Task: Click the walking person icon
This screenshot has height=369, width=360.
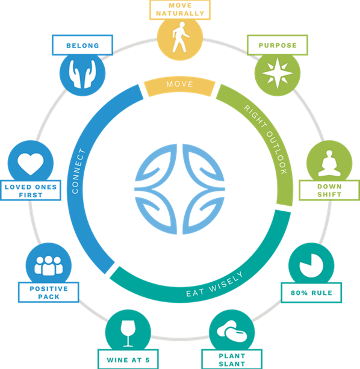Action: [x=180, y=37]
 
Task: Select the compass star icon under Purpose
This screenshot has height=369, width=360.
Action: [x=278, y=73]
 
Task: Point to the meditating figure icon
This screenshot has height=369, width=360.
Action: [x=329, y=163]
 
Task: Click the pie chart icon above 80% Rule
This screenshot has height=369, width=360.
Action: [x=311, y=265]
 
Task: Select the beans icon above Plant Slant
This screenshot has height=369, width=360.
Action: [x=232, y=331]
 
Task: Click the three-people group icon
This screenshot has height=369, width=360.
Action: [x=49, y=265]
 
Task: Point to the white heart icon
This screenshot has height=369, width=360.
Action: [x=31, y=164]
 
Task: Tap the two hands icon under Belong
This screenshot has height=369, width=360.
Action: [x=82, y=74]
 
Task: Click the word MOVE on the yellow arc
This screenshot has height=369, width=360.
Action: [x=180, y=84]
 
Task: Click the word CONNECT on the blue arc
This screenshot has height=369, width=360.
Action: [x=78, y=171]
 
